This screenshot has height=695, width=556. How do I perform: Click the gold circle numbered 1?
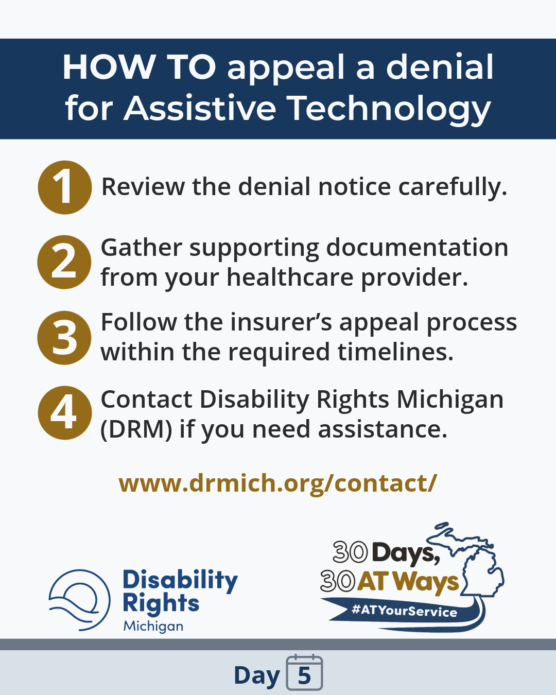pos(65,187)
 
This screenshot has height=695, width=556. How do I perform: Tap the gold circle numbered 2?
pos(64,262)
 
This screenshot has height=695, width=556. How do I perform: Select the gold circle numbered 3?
pos(64,338)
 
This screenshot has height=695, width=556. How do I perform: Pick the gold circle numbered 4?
pos(65,413)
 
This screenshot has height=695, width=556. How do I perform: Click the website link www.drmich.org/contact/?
pos(278,483)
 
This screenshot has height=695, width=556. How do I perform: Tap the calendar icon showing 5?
pos(304,673)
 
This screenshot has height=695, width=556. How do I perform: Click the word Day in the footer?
pos(256,675)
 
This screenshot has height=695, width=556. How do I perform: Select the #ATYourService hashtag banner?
pos(404,611)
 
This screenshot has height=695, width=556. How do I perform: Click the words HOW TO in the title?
pos(139,67)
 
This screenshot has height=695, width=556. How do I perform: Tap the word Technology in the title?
pos(389,108)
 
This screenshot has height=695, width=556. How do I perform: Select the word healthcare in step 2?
pos(290,277)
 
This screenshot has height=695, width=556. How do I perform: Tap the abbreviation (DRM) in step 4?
pos(136,429)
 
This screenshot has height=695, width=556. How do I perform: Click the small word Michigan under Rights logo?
pos(153,626)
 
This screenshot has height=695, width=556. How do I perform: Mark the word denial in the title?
pos(440,67)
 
